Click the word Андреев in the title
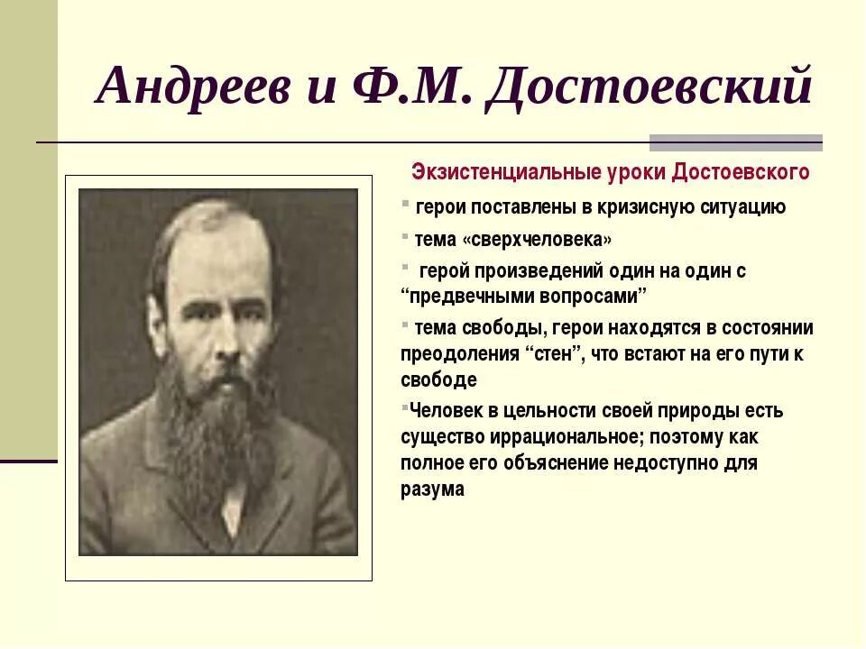point(189,88)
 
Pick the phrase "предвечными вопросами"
point(525,296)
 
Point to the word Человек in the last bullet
point(446,411)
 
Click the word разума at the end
point(433,489)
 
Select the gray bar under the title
point(735,142)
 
